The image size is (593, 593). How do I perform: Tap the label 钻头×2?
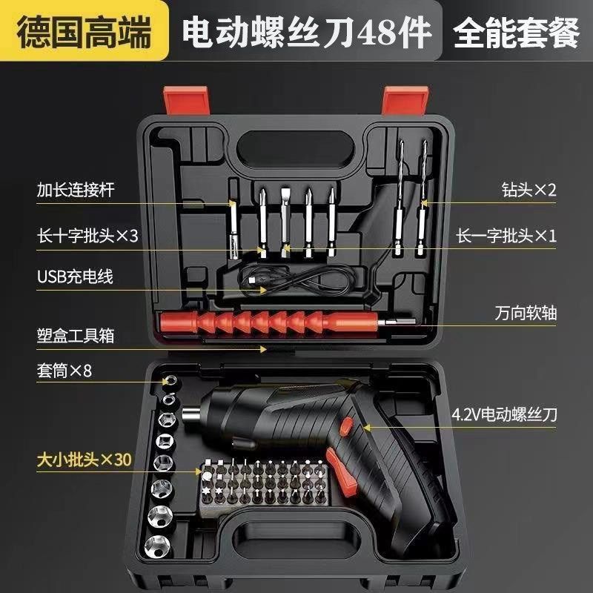coord(528,189)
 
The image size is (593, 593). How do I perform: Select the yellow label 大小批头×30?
coord(84,460)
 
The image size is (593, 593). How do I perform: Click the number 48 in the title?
coord(374,33)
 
